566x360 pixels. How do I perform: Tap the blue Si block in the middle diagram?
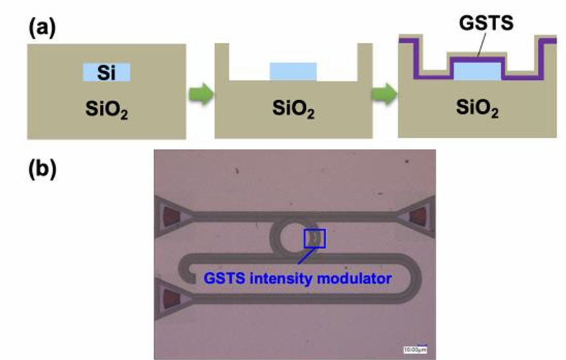coord(293,72)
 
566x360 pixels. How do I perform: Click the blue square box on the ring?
coord(314,238)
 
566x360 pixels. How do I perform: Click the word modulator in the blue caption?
coord(358,278)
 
